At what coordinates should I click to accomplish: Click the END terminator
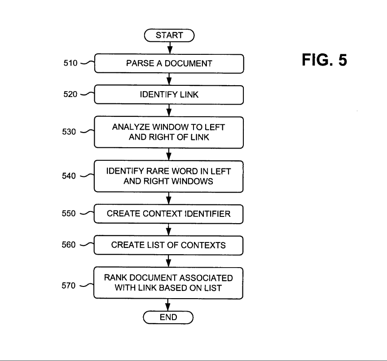coord(168,317)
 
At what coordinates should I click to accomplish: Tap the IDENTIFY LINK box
coord(168,95)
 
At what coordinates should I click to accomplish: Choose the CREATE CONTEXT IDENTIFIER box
coord(168,214)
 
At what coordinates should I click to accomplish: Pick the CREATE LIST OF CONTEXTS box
coord(168,245)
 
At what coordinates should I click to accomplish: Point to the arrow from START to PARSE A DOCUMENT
coord(168,48)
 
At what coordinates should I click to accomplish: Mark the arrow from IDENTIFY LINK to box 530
coord(168,110)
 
